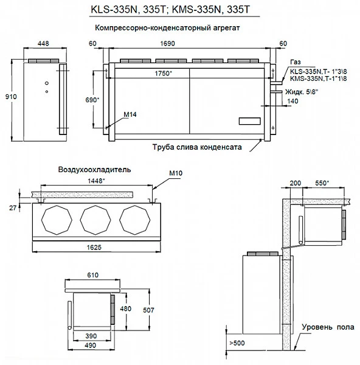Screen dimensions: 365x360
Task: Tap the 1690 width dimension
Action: point(187,44)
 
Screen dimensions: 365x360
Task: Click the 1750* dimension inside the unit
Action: point(163,73)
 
